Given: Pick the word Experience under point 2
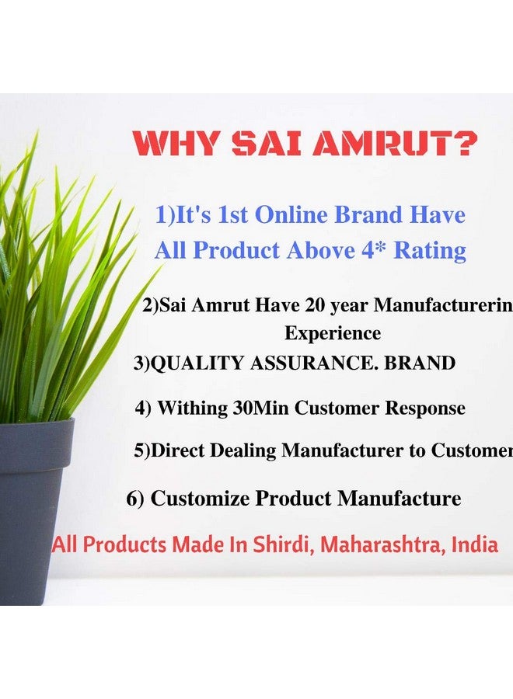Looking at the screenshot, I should pyautogui.click(x=333, y=333).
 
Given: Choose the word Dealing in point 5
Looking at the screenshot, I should pyautogui.click(x=246, y=451).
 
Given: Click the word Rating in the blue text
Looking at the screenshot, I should pyautogui.click(x=431, y=250).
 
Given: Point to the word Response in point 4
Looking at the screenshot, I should pyautogui.click(x=421, y=408).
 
